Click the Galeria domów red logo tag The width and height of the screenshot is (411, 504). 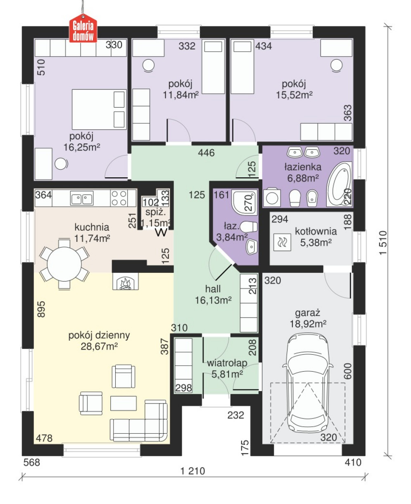(x=83, y=28)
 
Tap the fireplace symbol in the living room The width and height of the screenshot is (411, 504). (x=126, y=281)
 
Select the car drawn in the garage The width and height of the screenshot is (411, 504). (x=308, y=383)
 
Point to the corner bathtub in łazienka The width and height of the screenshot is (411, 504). (x=340, y=184)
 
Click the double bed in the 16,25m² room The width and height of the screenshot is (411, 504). (x=99, y=110)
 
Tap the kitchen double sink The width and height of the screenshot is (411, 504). (x=82, y=198)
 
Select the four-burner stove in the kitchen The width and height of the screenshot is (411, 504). (x=119, y=198)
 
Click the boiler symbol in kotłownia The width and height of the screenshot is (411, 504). (x=282, y=242)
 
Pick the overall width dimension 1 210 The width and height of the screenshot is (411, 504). (x=193, y=471)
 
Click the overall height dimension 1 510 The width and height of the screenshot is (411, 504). (x=383, y=243)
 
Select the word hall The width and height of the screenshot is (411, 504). (x=213, y=289)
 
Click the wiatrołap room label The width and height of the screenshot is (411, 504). (x=227, y=363)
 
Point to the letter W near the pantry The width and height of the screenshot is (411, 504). (x=161, y=232)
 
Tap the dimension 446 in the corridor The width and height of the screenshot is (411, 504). (x=206, y=153)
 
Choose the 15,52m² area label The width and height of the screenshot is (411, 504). (x=294, y=95)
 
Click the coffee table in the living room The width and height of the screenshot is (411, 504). (x=124, y=403)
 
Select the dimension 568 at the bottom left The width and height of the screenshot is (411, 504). (x=32, y=462)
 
